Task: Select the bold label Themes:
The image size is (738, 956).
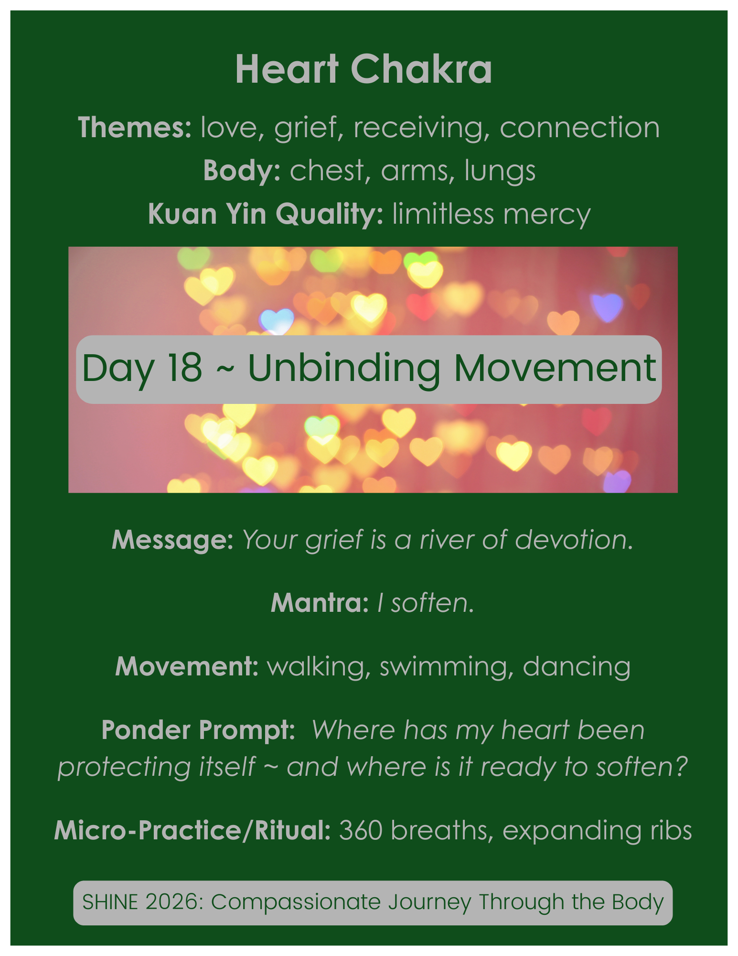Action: (135, 128)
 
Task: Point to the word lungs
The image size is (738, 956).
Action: (500, 171)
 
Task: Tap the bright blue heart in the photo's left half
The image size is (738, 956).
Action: (277, 320)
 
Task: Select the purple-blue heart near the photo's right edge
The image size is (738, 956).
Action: (607, 305)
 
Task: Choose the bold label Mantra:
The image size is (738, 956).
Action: (320, 603)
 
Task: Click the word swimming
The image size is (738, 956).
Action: (443, 667)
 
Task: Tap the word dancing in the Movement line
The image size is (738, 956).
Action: (577, 667)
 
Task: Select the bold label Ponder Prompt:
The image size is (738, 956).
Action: (198, 730)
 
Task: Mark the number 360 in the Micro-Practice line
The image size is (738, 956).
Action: (361, 830)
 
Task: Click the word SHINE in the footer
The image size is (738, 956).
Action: (110, 902)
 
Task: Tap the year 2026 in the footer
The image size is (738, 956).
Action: (175, 902)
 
